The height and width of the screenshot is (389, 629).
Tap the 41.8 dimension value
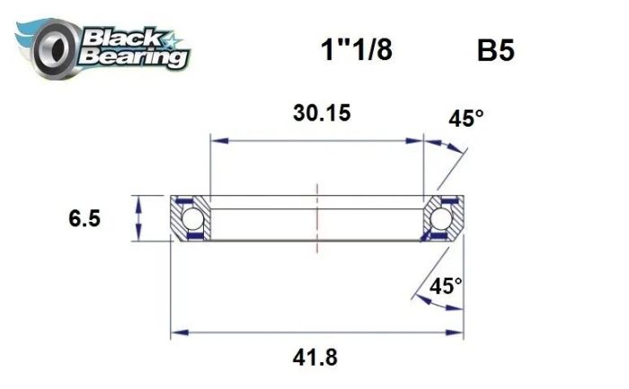click(x=316, y=357)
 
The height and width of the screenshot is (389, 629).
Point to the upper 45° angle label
click(x=467, y=119)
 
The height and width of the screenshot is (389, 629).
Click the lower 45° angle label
click(x=446, y=287)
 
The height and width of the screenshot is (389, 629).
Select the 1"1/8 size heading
click(x=356, y=50)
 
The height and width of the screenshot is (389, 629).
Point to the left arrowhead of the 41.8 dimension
click(x=178, y=333)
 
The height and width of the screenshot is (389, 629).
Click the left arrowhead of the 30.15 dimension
click(x=216, y=140)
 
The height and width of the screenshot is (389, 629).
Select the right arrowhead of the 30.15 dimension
click(x=417, y=140)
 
